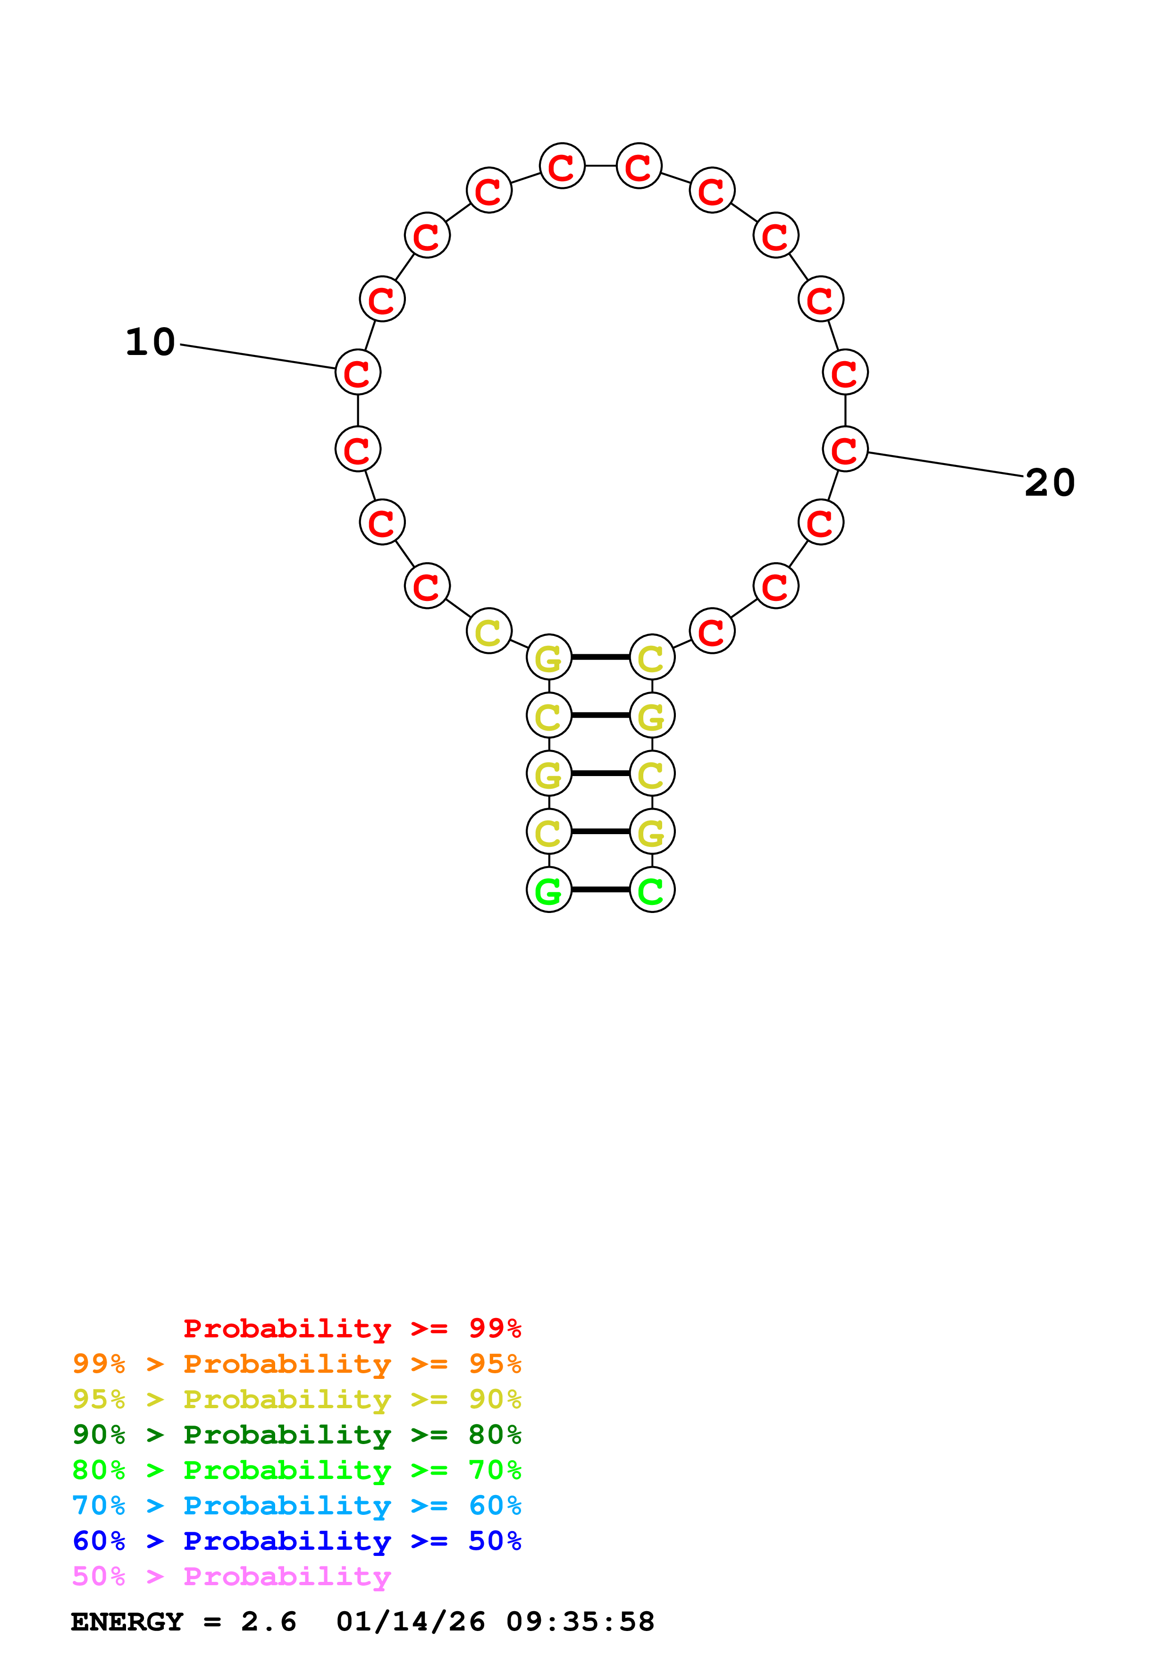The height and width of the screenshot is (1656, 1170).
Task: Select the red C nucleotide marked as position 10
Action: pos(358,372)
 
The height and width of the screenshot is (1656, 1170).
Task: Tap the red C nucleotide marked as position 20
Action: pos(845,449)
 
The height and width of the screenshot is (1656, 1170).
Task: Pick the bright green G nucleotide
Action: pos(548,890)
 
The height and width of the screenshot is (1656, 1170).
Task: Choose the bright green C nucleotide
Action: pos(652,890)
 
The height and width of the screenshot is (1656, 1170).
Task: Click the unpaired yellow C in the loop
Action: pos(489,631)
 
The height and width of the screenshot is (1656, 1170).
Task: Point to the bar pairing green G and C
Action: pos(600,890)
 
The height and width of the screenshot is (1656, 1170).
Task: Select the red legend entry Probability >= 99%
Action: pos(352,1328)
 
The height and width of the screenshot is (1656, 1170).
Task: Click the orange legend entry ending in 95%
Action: pos(296,1364)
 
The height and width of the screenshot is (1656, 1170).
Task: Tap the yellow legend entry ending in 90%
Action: pos(296,1399)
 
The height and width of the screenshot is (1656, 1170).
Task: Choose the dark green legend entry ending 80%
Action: pos(296,1435)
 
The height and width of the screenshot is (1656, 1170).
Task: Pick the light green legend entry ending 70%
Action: pos(296,1470)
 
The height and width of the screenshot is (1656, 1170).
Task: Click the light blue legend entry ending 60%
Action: pos(296,1505)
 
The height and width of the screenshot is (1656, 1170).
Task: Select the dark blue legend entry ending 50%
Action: pos(296,1541)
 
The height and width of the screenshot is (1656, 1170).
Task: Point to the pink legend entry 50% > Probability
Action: pos(231,1576)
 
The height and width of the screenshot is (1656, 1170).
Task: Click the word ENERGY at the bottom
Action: pos(127,1622)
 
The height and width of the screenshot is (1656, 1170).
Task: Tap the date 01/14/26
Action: pos(410,1622)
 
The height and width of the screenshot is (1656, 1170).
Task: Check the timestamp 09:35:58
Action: pos(581,1622)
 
